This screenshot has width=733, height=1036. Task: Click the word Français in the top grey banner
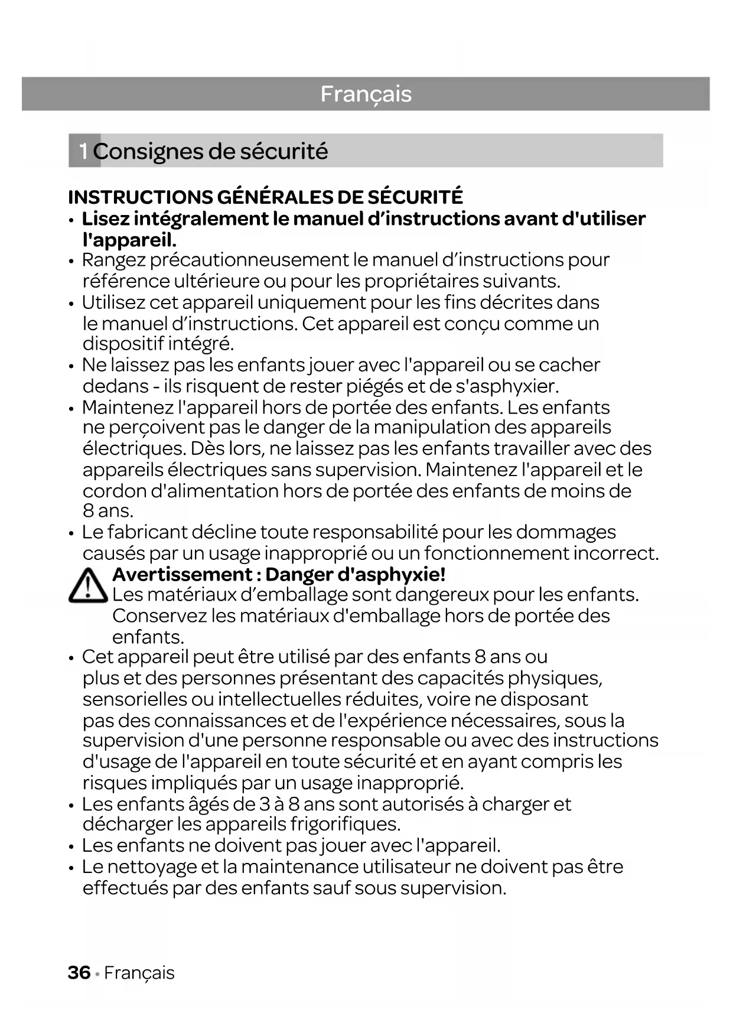click(x=366, y=94)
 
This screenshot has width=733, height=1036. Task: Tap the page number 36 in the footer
click(x=79, y=972)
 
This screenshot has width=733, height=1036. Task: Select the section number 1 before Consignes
click(x=84, y=151)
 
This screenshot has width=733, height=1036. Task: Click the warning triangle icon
click(x=87, y=585)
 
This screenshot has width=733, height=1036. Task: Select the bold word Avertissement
click(x=183, y=574)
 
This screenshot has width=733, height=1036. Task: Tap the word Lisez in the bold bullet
click(x=105, y=219)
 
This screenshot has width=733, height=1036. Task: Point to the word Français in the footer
click(x=139, y=973)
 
